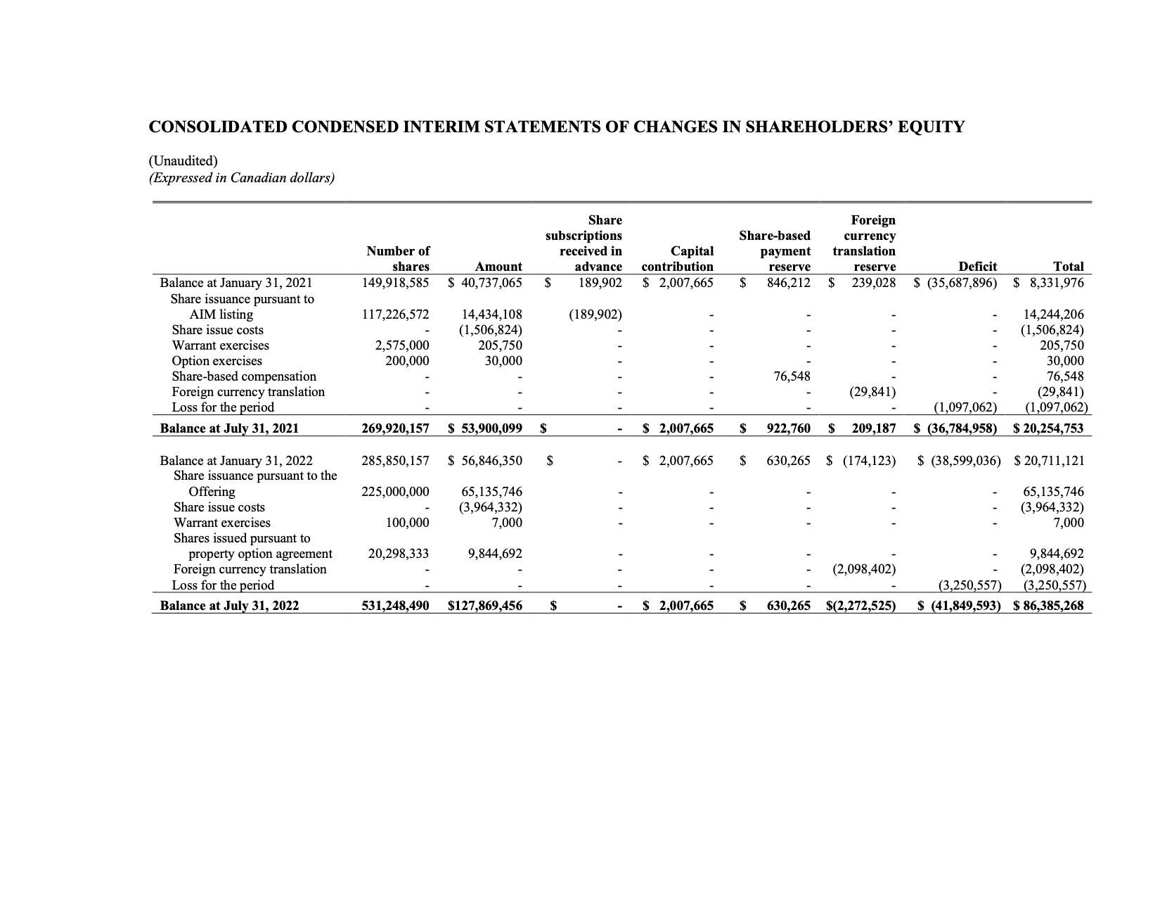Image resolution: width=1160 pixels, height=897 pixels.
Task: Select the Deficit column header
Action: click(978, 267)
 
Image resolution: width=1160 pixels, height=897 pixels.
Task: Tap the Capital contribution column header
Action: click(678, 259)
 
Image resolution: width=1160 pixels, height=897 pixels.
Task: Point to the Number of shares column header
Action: click(398, 259)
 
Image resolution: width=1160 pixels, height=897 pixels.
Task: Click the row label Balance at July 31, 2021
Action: click(229, 428)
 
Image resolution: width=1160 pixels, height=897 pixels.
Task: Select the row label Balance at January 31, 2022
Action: click(236, 461)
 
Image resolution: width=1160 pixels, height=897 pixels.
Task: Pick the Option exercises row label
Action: click(217, 361)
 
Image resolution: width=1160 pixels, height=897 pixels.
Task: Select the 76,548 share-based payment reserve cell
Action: click(792, 376)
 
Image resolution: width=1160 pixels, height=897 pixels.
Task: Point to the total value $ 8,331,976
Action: click(1050, 283)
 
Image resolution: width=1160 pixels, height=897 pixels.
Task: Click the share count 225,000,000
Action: click(395, 492)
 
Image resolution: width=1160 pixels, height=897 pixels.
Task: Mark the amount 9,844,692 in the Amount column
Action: click(495, 554)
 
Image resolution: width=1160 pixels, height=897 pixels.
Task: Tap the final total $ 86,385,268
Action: click(1049, 606)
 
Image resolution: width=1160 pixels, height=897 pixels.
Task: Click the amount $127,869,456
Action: click(485, 606)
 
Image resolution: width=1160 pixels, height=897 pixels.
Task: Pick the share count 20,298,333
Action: click(399, 554)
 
